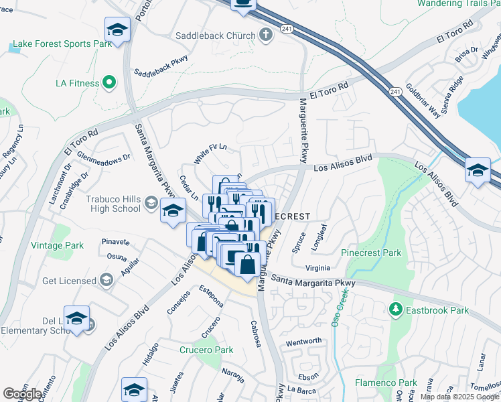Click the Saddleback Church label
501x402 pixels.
[x=215, y=36]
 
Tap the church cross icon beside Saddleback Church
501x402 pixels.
[x=266, y=35]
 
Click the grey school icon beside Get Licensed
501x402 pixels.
[x=105, y=280]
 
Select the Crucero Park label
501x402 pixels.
[x=206, y=350]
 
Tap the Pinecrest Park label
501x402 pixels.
[x=371, y=253]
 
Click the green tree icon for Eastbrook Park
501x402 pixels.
[x=395, y=309]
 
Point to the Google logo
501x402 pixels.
[x=22, y=393]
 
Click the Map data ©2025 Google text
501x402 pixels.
[x=459, y=397]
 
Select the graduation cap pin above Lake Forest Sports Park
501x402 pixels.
[x=117, y=29]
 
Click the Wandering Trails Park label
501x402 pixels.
[x=459, y=3]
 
